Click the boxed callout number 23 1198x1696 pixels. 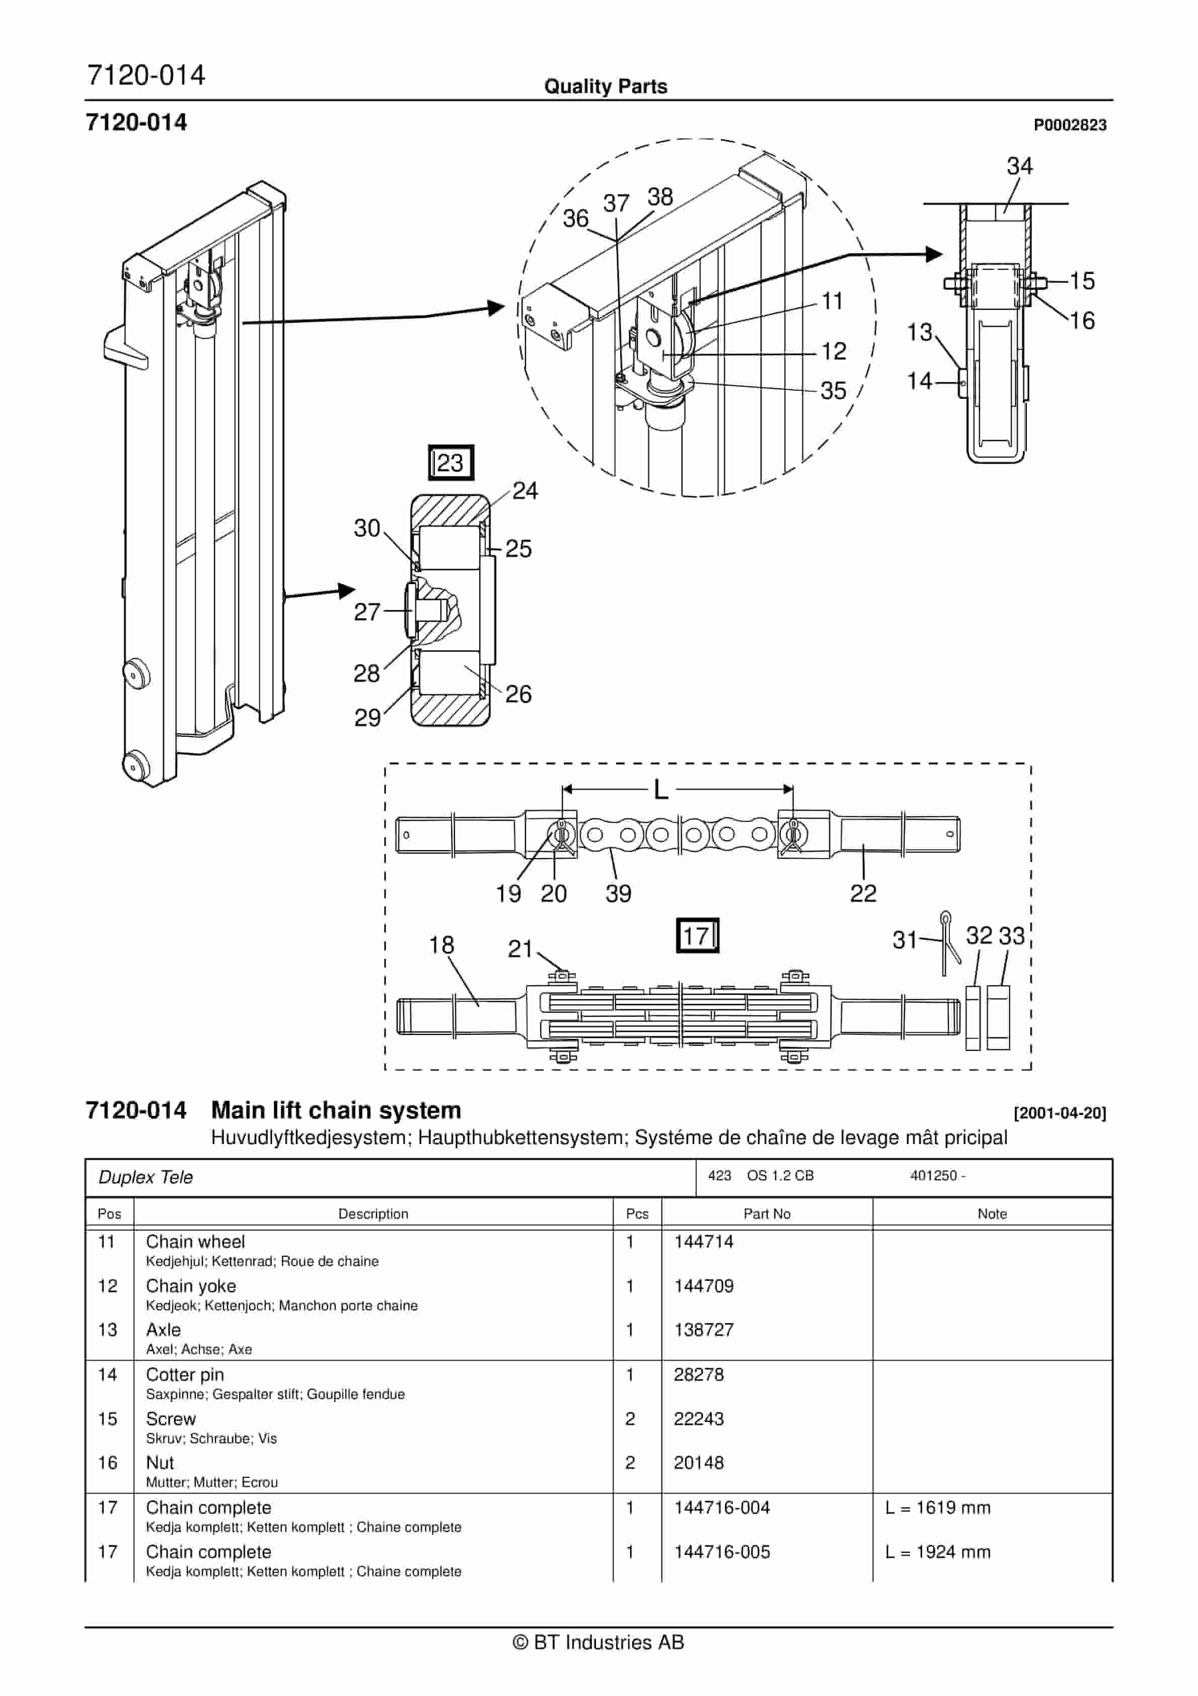(x=451, y=463)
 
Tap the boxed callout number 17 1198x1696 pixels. (x=697, y=936)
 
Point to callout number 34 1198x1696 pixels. (x=1019, y=166)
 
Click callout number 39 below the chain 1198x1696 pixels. (x=618, y=894)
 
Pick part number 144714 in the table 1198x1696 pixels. (x=703, y=1242)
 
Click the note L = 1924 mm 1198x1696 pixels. (x=937, y=1552)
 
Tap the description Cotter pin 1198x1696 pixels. (x=185, y=1375)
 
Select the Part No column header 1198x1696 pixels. (x=767, y=1214)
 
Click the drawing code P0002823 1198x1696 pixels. (x=1070, y=125)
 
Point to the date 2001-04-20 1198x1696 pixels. (x=1060, y=1113)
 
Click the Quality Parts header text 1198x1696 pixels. (x=606, y=87)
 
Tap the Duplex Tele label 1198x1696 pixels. (x=145, y=1177)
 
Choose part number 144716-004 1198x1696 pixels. (x=722, y=1508)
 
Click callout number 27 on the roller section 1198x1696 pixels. (x=366, y=612)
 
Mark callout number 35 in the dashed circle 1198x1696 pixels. (x=833, y=391)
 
